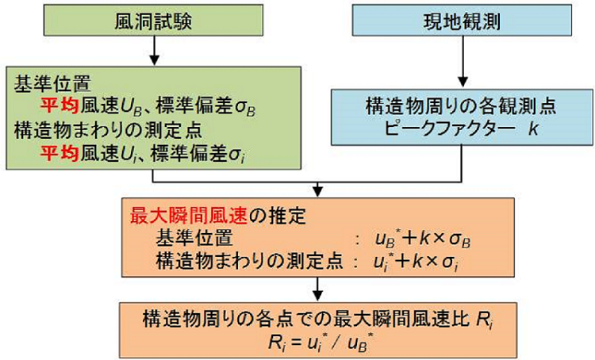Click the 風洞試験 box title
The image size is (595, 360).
(153, 21)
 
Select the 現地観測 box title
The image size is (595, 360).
(462, 21)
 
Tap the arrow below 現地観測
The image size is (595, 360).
(463, 62)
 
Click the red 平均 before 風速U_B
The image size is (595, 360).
(59, 106)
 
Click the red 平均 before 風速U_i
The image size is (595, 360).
(59, 154)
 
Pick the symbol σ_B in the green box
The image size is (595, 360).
(245, 108)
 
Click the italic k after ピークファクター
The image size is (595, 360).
(534, 128)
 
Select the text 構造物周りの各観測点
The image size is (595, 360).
(461, 105)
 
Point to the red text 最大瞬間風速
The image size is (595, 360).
(189, 216)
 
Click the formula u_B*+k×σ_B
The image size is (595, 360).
(423, 239)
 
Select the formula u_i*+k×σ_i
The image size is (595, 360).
(416, 262)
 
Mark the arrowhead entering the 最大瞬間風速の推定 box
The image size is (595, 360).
(317, 192)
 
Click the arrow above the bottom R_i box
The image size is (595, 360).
(317, 289)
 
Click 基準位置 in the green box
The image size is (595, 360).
(52, 83)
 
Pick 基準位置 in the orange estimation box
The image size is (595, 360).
(194, 239)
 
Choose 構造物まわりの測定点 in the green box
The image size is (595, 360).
(108, 131)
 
